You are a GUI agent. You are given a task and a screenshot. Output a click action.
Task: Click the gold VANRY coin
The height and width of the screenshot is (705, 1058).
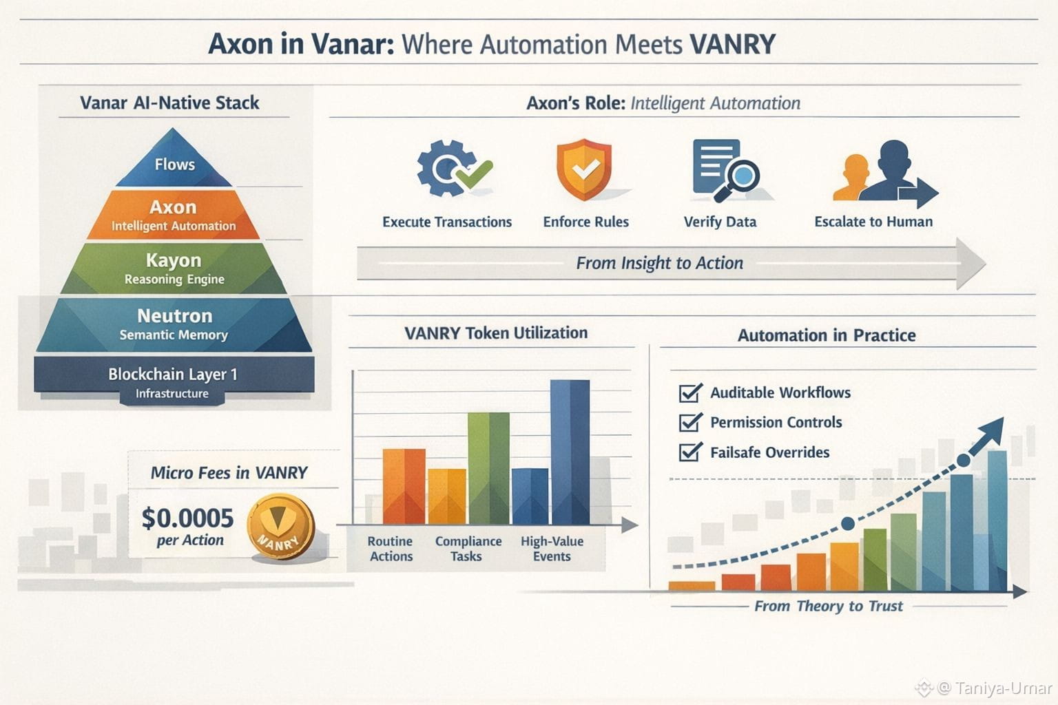(x=280, y=526)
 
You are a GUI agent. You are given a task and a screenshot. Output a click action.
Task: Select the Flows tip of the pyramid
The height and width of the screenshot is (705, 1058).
(x=174, y=163)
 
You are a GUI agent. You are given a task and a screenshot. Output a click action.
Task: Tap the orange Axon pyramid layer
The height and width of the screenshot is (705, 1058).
(x=174, y=215)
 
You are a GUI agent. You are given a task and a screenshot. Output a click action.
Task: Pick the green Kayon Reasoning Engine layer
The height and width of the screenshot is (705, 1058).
(x=174, y=269)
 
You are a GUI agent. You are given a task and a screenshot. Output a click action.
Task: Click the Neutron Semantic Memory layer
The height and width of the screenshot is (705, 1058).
(x=174, y=324)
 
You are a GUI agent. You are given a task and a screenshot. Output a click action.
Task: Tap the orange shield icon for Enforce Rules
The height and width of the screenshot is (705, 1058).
(x=584, y=169)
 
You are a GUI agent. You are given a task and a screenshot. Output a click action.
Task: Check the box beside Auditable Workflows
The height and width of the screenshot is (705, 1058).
(x=689, y=393)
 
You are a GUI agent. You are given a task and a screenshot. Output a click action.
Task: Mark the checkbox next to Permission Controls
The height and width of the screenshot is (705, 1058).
(x=689, y=423)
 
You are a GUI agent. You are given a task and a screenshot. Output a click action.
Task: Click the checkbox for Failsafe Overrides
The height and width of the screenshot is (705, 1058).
(x=689, y=452)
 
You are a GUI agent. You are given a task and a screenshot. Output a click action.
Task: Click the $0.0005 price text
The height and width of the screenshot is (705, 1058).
(x=187, y=518)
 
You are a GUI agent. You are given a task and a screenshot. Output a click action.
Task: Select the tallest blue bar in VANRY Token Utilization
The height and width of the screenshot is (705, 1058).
(x=570, y=452)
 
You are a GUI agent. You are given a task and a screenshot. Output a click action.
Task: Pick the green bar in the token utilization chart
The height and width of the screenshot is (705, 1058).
(x=488, y=468)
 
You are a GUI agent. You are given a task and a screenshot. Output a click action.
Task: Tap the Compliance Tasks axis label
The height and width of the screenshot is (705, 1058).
(x=468, y=549)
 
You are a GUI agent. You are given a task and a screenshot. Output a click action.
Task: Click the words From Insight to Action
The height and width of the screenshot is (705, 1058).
(x=659, y=263)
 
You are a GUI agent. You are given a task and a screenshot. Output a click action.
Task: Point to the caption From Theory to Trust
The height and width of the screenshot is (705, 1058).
(x=828, y=606)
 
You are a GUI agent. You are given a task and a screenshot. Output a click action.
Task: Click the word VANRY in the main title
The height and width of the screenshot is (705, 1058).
(x=732, y=44)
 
